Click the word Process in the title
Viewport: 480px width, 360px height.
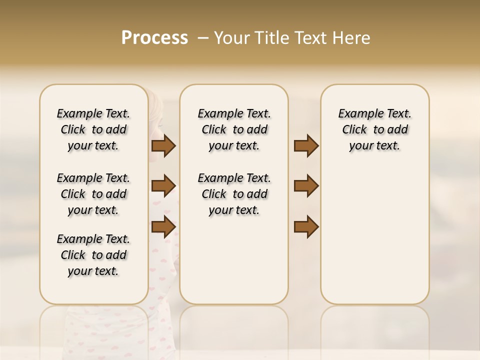(x=154, y=38)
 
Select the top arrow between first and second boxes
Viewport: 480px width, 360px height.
(x=163, y=146)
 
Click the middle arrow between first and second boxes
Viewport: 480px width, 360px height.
(x=163, y=186)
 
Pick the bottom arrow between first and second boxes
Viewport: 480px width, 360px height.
(x=163, y=226)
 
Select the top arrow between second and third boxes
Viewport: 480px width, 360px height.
(x=306, y=146)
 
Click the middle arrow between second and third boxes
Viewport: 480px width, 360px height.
(x=306, y=186)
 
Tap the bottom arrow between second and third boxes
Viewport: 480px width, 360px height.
(x=306, y=226)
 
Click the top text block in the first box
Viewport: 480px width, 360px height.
(x=93, y=129)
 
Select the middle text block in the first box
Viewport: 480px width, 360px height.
(x=93, y=194)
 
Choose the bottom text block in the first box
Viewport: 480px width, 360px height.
(x=93, y=255)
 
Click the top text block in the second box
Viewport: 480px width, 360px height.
(x=234, y=129)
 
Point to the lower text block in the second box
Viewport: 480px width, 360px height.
(x=234, y=194)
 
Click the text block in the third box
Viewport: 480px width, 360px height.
(x=374, y=129)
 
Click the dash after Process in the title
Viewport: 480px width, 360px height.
(x=203, y=38)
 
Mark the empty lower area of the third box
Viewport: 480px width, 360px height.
(x=374, y=235)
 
